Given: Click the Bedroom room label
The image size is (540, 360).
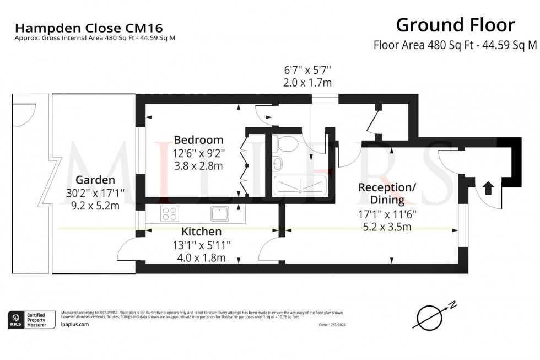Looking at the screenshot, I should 198,139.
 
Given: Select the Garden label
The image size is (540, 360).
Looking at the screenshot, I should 95,180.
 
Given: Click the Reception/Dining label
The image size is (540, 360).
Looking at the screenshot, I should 387,193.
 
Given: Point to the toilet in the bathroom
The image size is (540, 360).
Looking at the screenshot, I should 287,144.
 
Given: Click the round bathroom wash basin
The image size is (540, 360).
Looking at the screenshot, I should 278,163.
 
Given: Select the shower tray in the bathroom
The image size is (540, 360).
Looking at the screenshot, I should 300,185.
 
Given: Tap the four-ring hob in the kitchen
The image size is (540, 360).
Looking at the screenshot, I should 169,213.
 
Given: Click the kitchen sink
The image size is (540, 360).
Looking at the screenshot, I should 220,213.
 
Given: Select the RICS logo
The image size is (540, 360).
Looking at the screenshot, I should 15,319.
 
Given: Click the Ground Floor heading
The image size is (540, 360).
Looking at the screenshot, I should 455,25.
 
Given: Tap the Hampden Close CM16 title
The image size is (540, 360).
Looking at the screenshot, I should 89,27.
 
